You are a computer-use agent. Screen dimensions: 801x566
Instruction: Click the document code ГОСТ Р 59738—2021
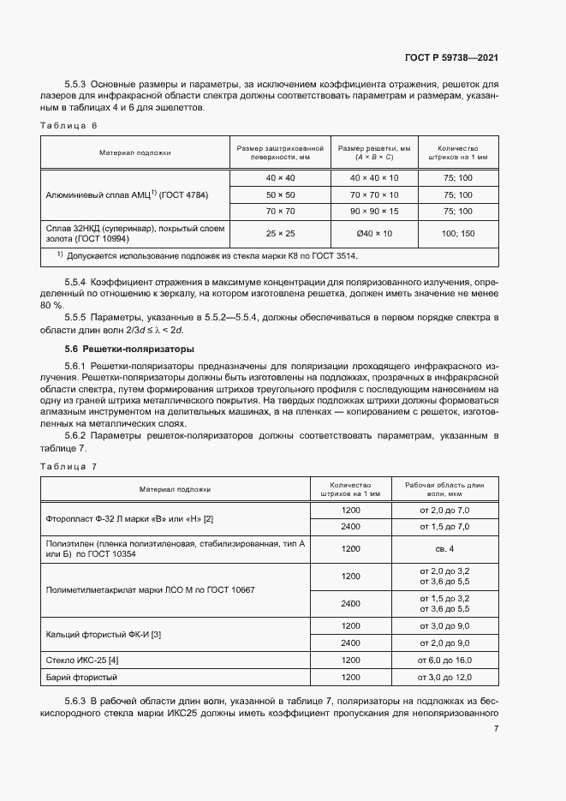pyautogui.click(x=451, y=58)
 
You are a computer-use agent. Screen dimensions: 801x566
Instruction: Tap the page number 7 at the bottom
pyautogui.click(x=496, y=728)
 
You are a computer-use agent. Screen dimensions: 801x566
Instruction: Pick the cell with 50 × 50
pyautogui.click(x=280, y=194)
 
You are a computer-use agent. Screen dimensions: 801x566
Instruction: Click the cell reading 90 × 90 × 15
pyautogui.click(x=373, y=212)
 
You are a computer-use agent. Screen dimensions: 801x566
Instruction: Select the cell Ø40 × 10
pyautogui.click(x=373, y=233)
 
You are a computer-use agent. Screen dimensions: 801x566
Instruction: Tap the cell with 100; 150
pyautogui.click(x=456, y=233)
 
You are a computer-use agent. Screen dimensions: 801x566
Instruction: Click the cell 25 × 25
pyautogui.click(x=280, y=233)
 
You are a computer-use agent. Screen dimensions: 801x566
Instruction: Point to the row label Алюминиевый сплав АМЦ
pyautogui.click(x=126, y=194)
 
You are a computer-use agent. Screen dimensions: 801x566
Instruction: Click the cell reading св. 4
pyautogui.click(x=444, y=548)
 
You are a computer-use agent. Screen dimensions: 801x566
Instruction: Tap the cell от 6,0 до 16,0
pyautogui.click(x=444, y=661)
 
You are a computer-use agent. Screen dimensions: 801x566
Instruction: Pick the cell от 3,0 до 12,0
pyautogui.click(x=444, y=678)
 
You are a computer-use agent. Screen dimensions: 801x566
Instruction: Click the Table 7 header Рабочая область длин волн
pyautogui.click(x=444, y=489)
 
